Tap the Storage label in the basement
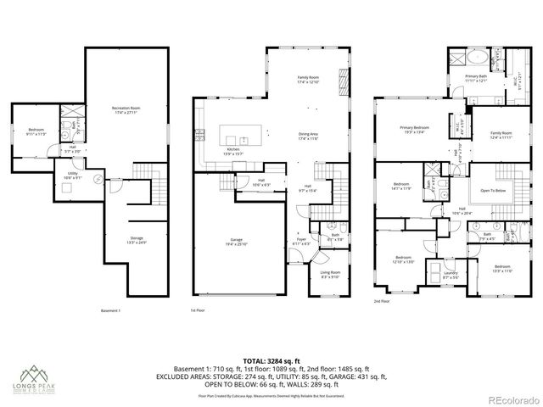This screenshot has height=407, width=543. coord(136,241)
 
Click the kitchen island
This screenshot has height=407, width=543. coord(243,137)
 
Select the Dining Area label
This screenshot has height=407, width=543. coord(308,136)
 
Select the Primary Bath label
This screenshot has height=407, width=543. coord(476,77)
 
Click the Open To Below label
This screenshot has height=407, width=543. coord(494,192)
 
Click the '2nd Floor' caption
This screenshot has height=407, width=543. coord(382,301)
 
